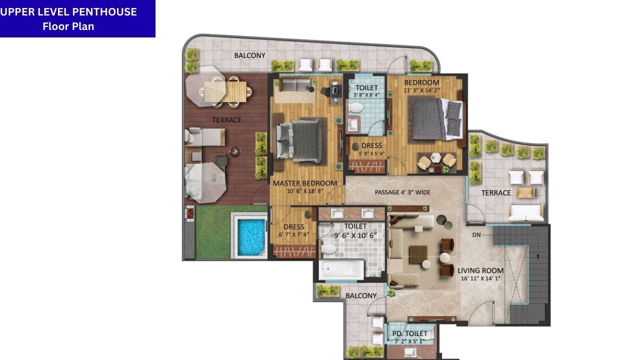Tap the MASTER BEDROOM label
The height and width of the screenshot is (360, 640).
pos(304,183)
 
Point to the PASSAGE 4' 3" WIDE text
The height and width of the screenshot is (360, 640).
pos(402,192)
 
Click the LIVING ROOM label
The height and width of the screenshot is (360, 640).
pos(480,270)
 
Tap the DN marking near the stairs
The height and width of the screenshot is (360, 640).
pos(476,234)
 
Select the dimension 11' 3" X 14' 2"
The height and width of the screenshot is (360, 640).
pos(421,90)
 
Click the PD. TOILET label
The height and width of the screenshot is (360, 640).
pos(409,333)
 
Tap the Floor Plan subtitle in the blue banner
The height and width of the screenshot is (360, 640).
pos(68,26)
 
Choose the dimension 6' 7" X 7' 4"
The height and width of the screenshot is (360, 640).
pos(294,234)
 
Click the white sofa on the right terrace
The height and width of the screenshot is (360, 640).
pos(526,212)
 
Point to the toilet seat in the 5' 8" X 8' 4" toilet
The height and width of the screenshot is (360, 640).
pos(356,107)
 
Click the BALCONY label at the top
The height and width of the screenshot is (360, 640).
pos(249,55)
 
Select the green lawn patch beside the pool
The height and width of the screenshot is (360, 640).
pos(213,232)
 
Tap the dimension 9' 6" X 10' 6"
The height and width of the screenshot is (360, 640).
pos(355,235)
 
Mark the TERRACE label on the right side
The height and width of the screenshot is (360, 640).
pos(495,192)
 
